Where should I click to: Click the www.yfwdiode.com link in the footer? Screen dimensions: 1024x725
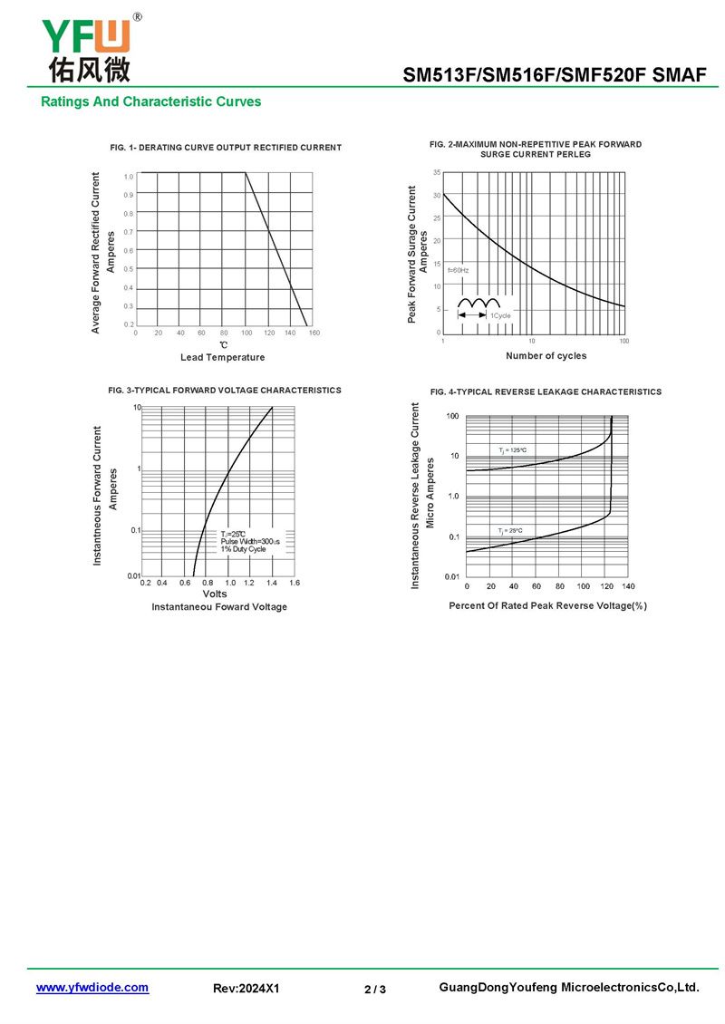click(92, 988)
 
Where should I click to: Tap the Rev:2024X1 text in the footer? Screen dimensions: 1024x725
click(246, 989)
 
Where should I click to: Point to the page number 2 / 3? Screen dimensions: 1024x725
click(375, 989)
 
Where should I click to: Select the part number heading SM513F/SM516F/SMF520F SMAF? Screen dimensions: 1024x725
click(554, 76)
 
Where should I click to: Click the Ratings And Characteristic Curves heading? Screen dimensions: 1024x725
click(150, 101)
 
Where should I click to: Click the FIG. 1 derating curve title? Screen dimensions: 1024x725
click(226, 147)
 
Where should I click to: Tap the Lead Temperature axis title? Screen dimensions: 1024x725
click(223, 357)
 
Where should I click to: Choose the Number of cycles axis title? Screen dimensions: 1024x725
click(546, 355)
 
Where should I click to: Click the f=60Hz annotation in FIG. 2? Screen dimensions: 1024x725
click(458, 270)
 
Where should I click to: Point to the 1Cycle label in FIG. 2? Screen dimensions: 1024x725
click(500, 314)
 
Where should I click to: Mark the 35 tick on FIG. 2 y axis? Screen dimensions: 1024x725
click(437, 172)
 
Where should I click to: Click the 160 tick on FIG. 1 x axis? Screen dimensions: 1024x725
click(314, 333)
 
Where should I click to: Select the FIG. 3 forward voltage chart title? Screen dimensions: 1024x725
click(225, 390)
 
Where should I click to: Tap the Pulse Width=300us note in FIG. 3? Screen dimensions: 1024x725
click(250, 541)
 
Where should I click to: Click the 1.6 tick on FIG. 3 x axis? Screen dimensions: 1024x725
click(295, 583)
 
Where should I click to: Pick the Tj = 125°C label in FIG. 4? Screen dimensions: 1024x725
click(512, 449)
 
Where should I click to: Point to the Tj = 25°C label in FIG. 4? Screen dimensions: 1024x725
click(510, 530)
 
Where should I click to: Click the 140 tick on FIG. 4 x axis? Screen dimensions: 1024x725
click(629, 586)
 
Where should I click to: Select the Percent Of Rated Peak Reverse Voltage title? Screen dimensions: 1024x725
click(547, 605)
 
